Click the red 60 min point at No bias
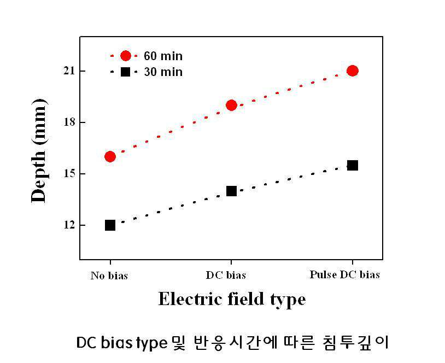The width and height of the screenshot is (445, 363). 110,156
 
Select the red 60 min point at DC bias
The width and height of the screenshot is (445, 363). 232,106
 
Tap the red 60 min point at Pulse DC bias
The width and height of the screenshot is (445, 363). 353,71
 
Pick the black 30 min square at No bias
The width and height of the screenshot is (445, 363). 110,225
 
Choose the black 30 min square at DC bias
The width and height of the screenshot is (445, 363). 232,191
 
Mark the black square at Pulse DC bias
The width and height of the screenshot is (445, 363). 353,165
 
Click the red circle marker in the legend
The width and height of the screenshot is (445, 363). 125,56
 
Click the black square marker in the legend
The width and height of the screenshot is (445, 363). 125,72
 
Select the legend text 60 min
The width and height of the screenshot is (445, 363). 163,56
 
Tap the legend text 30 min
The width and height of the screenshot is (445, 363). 163,72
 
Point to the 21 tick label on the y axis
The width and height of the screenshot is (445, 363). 69,71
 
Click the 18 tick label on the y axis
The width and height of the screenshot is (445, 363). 69,122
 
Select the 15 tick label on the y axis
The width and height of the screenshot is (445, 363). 69,174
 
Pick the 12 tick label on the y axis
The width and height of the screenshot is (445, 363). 69,225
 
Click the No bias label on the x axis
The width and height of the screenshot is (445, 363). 109,276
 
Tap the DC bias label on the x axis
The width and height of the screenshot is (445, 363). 226,275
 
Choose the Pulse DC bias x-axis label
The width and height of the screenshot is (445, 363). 344,274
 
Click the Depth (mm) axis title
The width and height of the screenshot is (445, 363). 39,151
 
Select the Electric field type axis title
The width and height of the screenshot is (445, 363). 232,300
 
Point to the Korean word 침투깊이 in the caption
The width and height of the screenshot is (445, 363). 355,342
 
